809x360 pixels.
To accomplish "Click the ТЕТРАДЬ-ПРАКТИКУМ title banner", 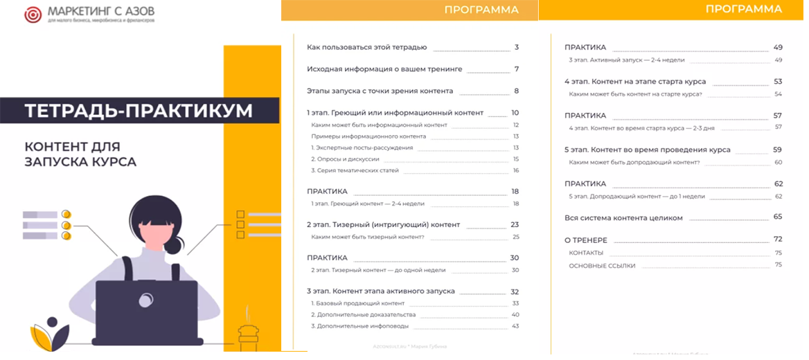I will pos(139,111).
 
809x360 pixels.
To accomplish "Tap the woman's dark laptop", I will pos(145,312).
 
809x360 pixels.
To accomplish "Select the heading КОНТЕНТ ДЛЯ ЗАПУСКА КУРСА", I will pos(80,154).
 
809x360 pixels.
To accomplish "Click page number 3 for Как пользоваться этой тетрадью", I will pos(517,48).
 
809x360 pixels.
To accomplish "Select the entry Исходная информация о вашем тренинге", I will pos(384,69).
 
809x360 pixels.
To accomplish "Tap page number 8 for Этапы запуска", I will pos(517,91).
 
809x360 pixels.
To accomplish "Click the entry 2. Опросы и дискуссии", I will pos(350,159).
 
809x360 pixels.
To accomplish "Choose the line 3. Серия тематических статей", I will pos(356,170).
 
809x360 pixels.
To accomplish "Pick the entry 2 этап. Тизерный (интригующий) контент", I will pos(383,224).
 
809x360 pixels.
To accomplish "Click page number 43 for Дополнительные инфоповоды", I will pos(515,325).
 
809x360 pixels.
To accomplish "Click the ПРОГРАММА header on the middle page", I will pos(481,10).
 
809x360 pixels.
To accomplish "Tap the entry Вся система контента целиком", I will pos(624,217).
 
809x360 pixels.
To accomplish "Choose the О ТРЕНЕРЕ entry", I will pos(586,240).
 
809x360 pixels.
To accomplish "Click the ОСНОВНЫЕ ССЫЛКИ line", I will pos(602,265).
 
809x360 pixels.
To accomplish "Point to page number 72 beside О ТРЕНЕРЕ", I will pos(778,240).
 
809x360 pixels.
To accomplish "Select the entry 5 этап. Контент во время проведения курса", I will pos(647,150).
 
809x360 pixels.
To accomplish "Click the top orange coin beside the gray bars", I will pos(66,215).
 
